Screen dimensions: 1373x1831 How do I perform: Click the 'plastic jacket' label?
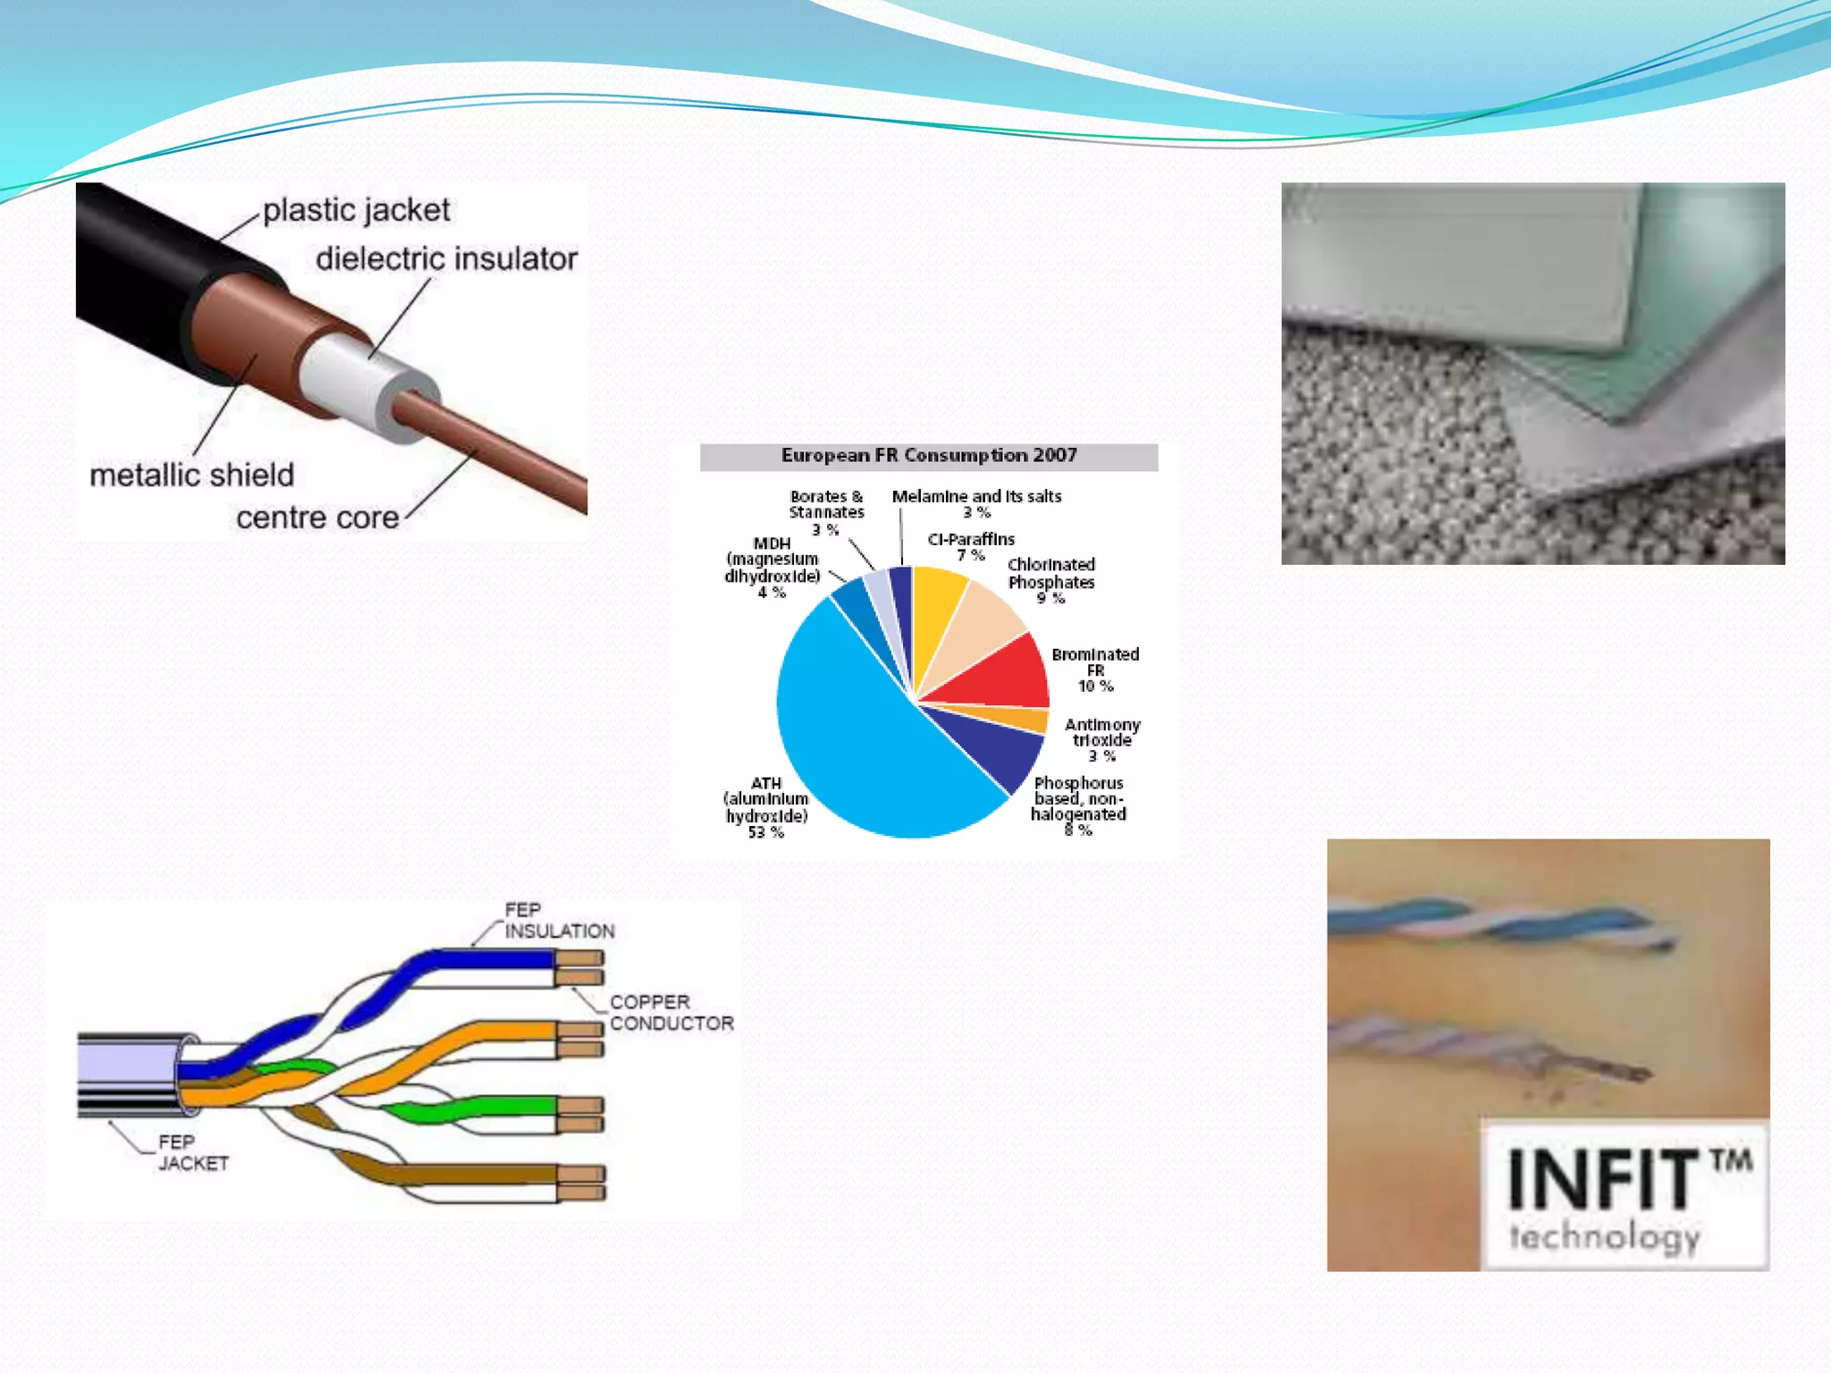pyautogui.click(x=356, y=210)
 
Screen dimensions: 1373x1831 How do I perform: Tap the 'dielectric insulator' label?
pyautogui.click(x=446, y=259)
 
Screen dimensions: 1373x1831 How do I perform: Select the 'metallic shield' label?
pyautogui.click(x=191, y=475)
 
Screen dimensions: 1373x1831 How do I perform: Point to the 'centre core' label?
pyautogui.click(x=317, y=518)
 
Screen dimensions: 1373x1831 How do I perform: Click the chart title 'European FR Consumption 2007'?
pyautogui.click(x=929, y=456)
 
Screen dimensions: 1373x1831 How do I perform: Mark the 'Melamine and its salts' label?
pyautogui.click(x=976, y=497)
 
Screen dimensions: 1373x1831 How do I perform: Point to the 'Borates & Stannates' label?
pyautogui.click(x=826, y=505)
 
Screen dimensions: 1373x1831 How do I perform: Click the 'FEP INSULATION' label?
pyautogui.click(x=559, y=921)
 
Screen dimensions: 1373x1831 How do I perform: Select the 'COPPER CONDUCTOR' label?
pyautogui.click(x=671, y=1013)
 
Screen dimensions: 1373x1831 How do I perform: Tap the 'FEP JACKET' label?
pyautogui.click(x=193, y=1153)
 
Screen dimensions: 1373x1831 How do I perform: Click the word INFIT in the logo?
pyautogui.click(x=1600, y=1180)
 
